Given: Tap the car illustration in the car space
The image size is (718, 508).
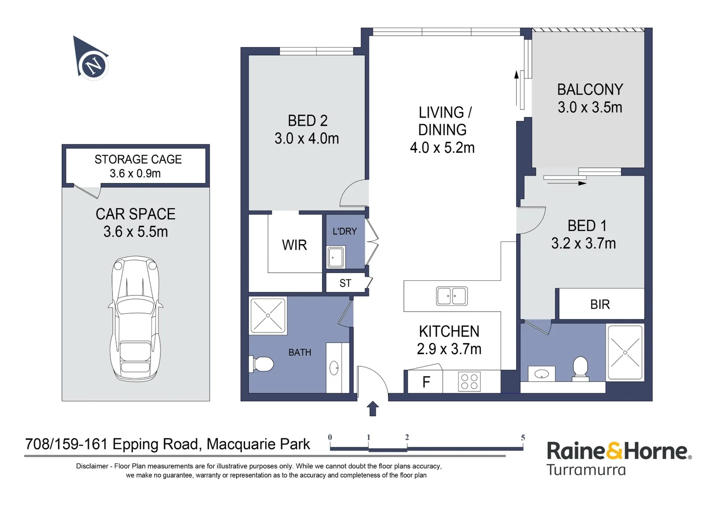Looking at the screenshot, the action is point(135,318).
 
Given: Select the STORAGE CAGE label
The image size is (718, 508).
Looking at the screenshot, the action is point(138,159).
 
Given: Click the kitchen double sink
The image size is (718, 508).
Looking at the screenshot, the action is point(452,296).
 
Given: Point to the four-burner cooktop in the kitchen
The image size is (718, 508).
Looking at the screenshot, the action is point(469,381).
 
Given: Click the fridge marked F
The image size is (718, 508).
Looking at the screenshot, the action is point(426,381).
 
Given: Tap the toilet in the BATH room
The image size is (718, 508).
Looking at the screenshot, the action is point(261,364).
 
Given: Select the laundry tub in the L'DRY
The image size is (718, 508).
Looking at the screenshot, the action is point(336,257).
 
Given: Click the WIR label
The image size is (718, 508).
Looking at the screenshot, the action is point(294,245).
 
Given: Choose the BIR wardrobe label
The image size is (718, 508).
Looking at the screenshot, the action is point(600,304).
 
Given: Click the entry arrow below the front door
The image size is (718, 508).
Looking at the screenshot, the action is point(372,409).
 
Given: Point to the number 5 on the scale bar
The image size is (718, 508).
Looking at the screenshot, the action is point(523,438).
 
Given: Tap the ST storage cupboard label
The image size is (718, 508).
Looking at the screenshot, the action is point(345,283).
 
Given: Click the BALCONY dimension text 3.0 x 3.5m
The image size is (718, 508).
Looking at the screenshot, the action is point(590,107).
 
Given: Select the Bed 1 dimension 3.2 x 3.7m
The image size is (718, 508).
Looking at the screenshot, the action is point(584,244).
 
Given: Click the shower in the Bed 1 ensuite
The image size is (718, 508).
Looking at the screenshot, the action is point(625,353).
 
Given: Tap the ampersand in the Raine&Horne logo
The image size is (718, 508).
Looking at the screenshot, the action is point(613,451).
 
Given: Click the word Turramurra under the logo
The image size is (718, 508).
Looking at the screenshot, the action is point(586,470).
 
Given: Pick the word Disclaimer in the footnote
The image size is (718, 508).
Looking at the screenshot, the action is point(92,466).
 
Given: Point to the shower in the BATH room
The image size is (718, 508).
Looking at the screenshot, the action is point(268,316).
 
